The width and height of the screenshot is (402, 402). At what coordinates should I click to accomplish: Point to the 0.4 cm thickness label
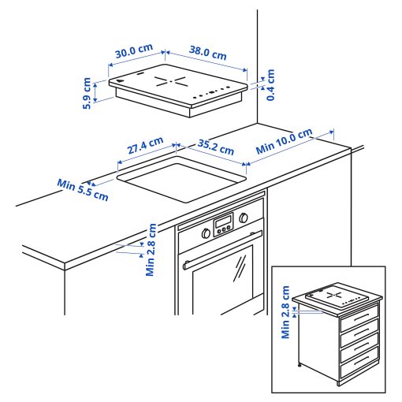coord(270,85)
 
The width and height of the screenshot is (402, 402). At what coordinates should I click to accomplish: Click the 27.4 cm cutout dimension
coord(145,147)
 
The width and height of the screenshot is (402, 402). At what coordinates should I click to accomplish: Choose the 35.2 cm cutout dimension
coord(216,146)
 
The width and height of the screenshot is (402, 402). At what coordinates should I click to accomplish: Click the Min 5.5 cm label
coord(83,190)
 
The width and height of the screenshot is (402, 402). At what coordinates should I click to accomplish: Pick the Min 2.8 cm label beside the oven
coord(151,250)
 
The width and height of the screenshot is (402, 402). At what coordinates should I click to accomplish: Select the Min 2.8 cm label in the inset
coord(286,313)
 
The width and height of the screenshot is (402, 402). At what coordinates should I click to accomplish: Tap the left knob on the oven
coord(207,233)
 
